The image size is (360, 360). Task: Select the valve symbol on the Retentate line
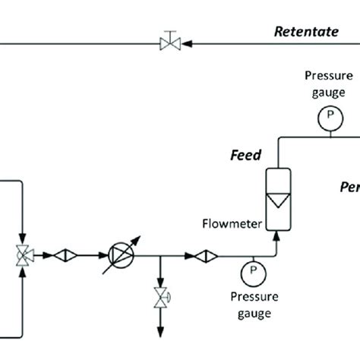pos(168,43)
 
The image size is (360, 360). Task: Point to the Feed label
pos(246,156)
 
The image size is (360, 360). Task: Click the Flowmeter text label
pos(231,223)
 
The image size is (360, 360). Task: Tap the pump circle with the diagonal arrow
pos(120,255)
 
